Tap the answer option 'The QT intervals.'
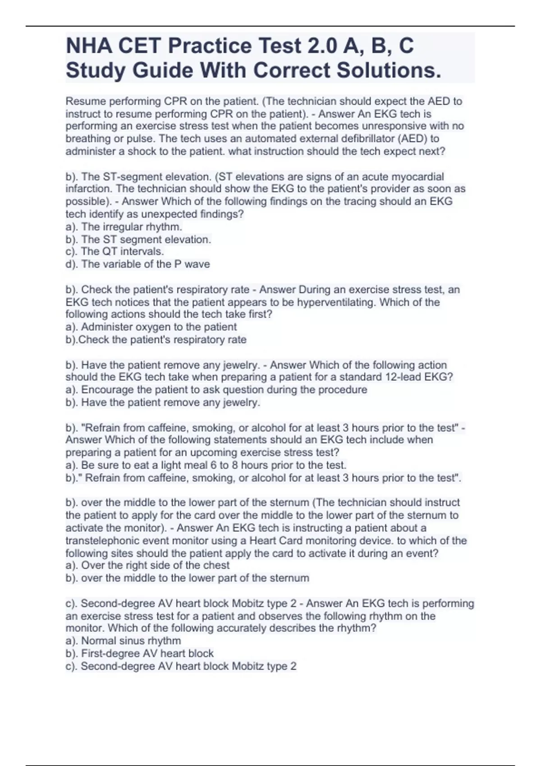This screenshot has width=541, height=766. tap(122, 251)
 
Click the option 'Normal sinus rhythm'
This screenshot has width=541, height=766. tap(131, 641)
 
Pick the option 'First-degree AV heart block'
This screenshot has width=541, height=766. tap(147, 653)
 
